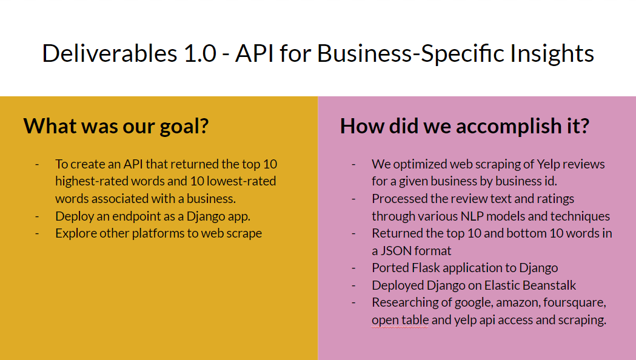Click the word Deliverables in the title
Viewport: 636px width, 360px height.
[110, 53]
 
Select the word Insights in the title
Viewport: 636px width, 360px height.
[552, 54]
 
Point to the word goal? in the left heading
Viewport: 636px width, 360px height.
[184, 127]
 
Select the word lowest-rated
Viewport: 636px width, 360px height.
[241, 181]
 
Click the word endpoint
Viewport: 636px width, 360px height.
[135, 216]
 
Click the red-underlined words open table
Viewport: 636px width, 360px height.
[400, 320]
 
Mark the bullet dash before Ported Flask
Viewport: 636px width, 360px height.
[353, 268]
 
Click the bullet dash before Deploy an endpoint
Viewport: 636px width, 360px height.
[38, 217]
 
